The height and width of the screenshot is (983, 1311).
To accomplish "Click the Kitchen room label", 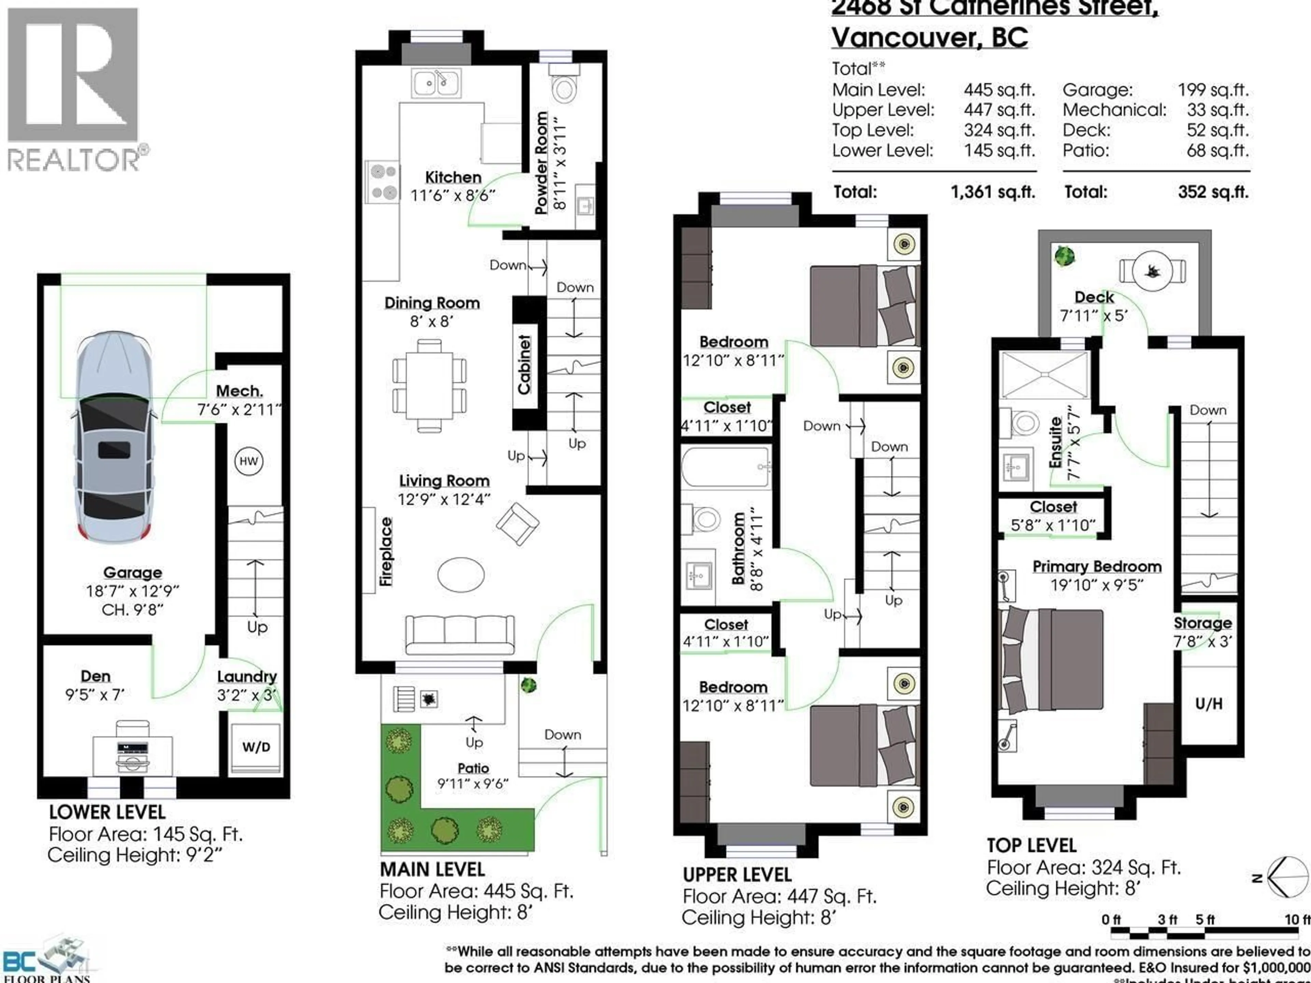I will coord(453,177).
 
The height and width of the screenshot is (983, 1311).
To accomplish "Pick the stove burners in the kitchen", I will coord(383,182).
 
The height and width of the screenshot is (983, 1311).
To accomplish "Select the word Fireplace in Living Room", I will coord(386,552).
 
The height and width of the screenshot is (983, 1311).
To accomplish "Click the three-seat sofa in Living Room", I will coord(460,635).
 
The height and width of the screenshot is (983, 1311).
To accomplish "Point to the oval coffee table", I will coord(461,574).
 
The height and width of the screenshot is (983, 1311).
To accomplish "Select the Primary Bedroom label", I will coord(1097,567).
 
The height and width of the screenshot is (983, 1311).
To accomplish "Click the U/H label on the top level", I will coord(1209,703).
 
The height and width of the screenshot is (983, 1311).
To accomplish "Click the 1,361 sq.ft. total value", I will coord(993,192).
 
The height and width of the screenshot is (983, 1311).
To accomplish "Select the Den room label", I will coord(95,676).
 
